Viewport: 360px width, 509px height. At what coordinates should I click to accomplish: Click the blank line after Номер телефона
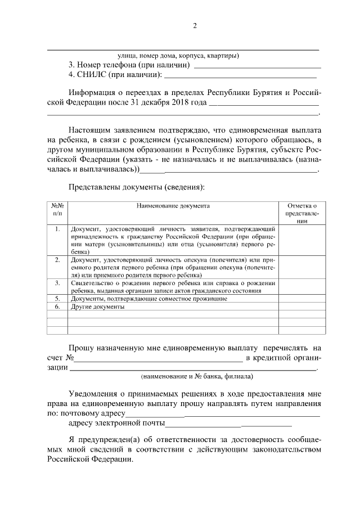pyautogui.click(x=256, y=66)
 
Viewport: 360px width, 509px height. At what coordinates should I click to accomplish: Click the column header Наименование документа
pyautogui.click(x=173, y=206)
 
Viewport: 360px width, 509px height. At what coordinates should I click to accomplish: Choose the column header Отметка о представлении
pyautogui.click(x=301, y=214)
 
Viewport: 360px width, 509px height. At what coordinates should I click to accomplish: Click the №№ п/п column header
pyautogui.click(x=57, y=210)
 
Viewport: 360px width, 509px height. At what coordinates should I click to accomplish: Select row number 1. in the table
pyautogui.click(x=57, y=229)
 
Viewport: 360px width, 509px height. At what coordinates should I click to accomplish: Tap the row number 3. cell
pyautogui.click(x=57, y=283)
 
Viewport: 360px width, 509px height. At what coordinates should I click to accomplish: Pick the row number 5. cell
pyautogui.click(x=57, y=299)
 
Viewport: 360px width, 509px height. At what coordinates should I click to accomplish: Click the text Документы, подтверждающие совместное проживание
pyautogui.click(x=149, y=299)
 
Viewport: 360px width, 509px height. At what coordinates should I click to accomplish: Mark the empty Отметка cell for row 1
pyautogui.click(x=301, y=241)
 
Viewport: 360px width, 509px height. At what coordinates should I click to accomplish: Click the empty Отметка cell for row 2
pyautogui.click(x=301, y=268)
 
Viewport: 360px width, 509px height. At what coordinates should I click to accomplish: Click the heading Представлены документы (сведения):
pyautogui.click(x=137, y=186)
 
